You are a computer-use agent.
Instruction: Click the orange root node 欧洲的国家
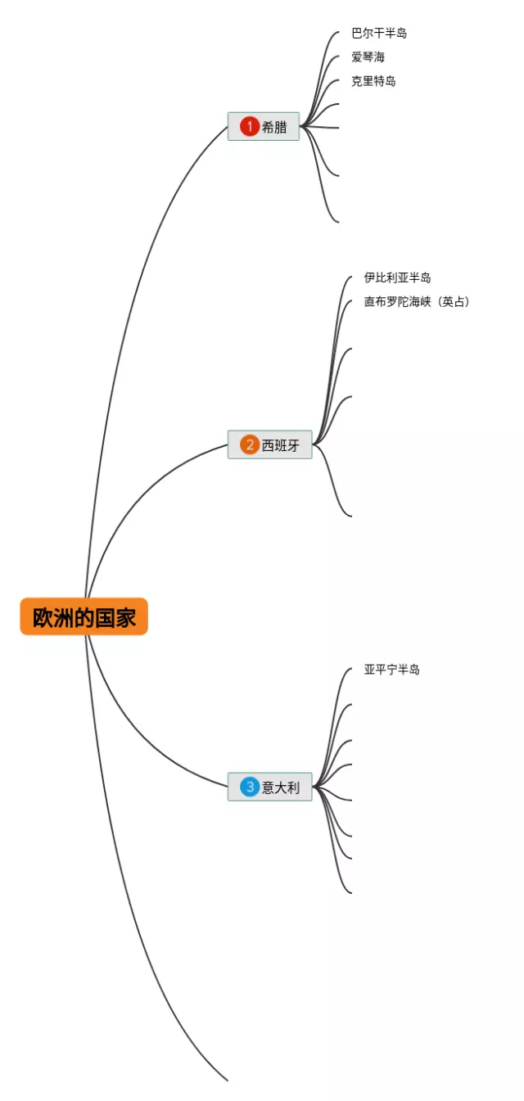[x=84, y=616]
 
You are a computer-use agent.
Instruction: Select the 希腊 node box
[x=264, y=127]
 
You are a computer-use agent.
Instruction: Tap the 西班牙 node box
[x=270, y=444]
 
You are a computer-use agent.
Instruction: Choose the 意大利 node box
[x=270, y=787]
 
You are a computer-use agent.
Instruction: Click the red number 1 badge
[x=249, y=127]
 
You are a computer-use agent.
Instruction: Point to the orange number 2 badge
[x=249, y=444]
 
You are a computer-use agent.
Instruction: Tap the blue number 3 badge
[x=249, y=787]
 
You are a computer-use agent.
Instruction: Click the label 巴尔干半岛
[x=378, y=34]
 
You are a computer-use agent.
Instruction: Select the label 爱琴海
[x=368, y=57]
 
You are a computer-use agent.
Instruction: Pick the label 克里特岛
[x=373, y=81]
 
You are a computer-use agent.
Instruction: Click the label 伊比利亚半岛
[x=397, y=278]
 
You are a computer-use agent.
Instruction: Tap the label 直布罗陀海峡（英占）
[x=417, y=302]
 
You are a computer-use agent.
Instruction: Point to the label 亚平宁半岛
[x=391, y=670]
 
